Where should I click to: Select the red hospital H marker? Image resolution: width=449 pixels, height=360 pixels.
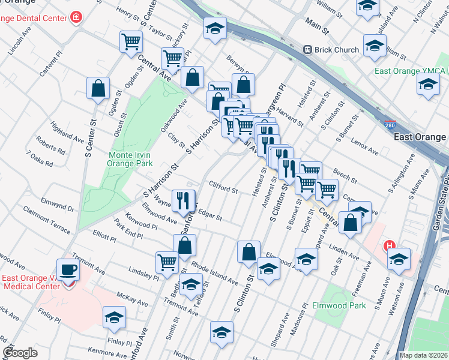pyautogui.click(x=389, y=246)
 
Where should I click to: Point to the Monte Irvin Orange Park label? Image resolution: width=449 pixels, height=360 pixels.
pyautogui.click(x=130, y=159)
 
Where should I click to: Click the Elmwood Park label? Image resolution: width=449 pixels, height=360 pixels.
pyautogui.click(x=339, y=305)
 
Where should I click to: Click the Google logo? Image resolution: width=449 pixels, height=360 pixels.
pyautogui.click(x=20, y=353)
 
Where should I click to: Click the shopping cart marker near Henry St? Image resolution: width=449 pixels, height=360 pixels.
pyautogui.click(x=131, y=41)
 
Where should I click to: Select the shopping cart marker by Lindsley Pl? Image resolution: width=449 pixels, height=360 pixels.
pyautogui.click(x=167, y=261)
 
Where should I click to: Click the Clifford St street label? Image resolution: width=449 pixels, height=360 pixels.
pyautogui.click(x=223, y=188)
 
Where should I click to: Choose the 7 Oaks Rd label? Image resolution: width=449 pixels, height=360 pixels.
pyautogui.click(x=40, y=159)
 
